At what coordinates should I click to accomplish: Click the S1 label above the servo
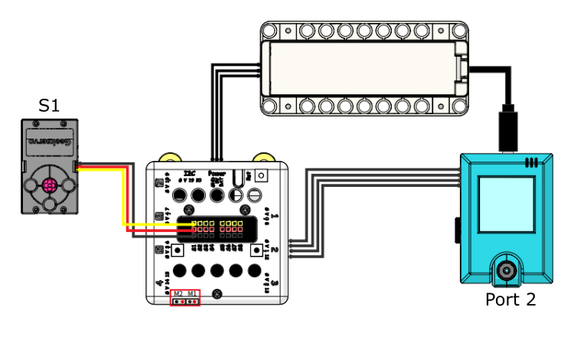[49, 105]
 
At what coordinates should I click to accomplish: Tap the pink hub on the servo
[49, 185]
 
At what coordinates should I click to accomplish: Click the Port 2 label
[510, 299]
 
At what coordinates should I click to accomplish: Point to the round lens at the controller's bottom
[506, 270]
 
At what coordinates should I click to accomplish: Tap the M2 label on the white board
[178, 293]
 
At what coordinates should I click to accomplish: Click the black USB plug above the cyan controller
[508, 131]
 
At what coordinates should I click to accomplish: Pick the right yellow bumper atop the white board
[263, 158]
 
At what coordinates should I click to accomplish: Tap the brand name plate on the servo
[49, 141]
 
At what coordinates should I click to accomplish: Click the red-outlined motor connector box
[185, 297]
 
